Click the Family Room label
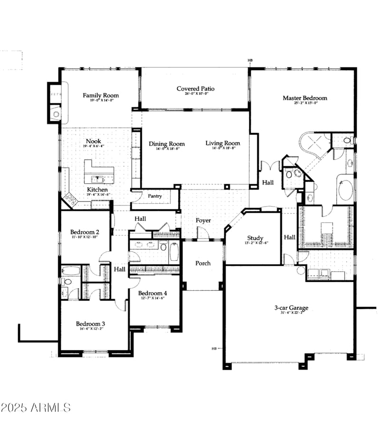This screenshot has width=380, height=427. pyautogui.click(x=101, y=95)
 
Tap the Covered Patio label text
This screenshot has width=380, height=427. pyautogui.click(x=195, y=89)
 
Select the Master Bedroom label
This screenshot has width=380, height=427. pyautogui.click(x=305, y=98)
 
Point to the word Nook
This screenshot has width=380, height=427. pyautogui.click(x=93, y=142)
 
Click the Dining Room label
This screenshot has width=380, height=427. pyautogui.click(x=167, y=144)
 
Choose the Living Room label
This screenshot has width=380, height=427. pyautogui.click(x=223, y=143)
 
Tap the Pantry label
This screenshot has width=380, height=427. pyautogui.click(x=155, y=196)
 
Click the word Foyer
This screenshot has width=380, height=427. pyautogui.click(x=203, y=221)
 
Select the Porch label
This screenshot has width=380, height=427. pyautogui.click(x=203, y=263)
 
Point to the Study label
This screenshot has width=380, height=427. pyautogui.click(x=255, y=238)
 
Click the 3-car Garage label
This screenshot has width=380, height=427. pyautogui.click(x=291, y=308)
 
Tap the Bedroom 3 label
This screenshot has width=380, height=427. pyautogui.click(x=90, y=324)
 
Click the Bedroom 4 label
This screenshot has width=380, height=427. pyautogui.click(x=152, y=294)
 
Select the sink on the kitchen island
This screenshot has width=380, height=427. pyautogui.click(x=99, y=179)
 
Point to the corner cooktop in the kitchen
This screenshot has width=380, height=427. pyautogui.click(x=70, y=199)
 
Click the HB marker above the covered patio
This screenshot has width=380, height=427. pyautogui.click(x=250, y=61)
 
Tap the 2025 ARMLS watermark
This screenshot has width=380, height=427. pyautogui.click(x=36, y=408)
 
